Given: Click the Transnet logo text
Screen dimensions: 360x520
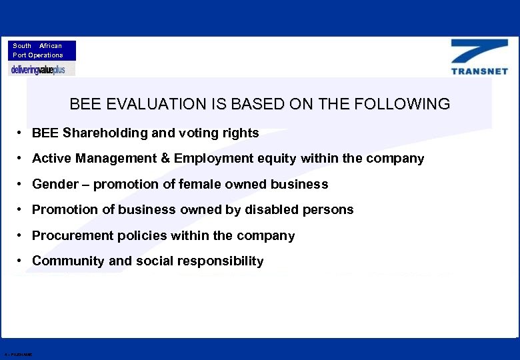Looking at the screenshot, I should [x=479, y=71].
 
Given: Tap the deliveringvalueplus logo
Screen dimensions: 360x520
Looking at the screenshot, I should [x=38, y=69].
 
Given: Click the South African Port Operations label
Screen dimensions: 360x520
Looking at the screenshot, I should [x=38, y=51].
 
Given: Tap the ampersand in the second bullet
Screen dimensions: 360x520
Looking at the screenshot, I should [x=165, y=159].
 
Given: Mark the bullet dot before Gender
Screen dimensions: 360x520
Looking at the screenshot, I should [x=22, y=185].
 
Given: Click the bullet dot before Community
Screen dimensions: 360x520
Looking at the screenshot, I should [x=22, y=261].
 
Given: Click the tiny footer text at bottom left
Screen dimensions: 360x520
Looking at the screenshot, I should [x=17, y=354].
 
